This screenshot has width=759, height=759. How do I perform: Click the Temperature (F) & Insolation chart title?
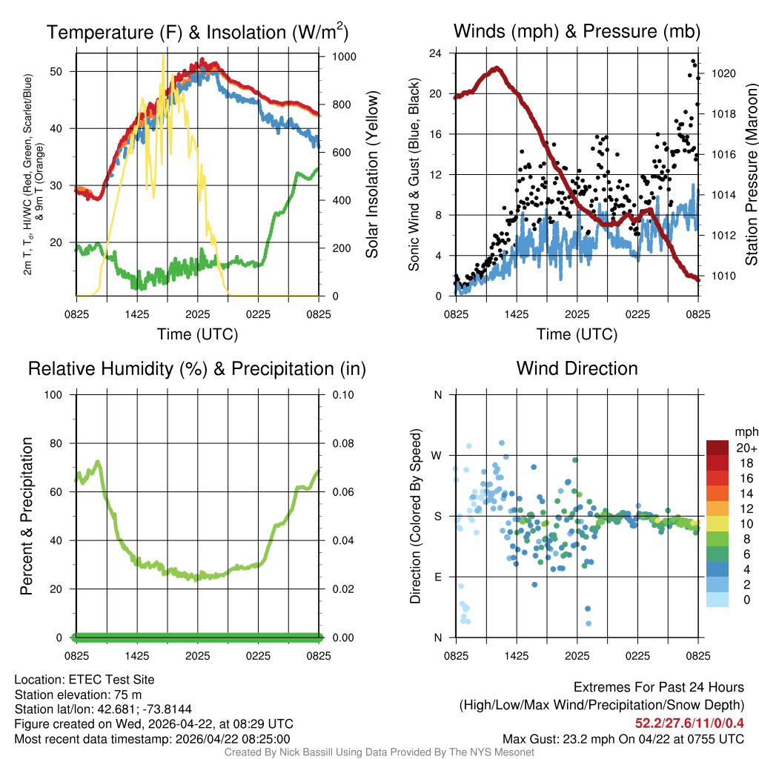coord(197,32)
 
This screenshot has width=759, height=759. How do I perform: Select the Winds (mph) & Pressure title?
coord(577,32)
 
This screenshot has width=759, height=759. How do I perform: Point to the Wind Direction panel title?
coord(577,368)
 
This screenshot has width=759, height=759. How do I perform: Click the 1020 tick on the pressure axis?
coord(722,73)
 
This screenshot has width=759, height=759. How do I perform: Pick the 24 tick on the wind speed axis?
coord(436,53)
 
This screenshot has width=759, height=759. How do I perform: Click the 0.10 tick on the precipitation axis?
coord(342,395)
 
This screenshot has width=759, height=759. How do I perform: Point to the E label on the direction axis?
coord(437,577)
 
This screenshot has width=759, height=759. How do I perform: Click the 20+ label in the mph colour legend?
coord(746,448)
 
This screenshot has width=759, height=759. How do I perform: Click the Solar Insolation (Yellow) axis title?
coord(371,174)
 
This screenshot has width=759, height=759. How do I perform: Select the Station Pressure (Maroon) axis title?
coord(751,174)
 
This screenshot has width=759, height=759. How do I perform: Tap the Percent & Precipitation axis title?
coord(26,516)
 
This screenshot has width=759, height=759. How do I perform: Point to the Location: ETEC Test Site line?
coord(84,680)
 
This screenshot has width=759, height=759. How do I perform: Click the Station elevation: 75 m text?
coord(78,695)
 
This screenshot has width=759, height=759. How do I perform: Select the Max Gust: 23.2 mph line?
coord(623,739)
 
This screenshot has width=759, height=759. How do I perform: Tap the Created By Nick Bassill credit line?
coord(379,752)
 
